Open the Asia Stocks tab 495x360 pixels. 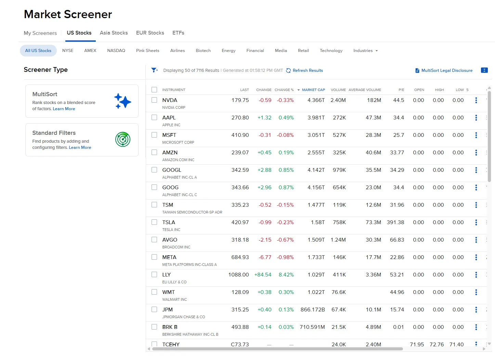[x=114, y=33]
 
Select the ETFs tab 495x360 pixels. [x=178, y=33]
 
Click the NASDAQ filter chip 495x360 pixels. [x=116, y=51]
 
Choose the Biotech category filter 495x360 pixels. [x=203, y=51]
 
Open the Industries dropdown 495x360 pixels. [x=365, y=51]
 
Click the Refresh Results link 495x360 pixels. [x=308, y=70]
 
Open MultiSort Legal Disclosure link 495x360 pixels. [x=446, y=70]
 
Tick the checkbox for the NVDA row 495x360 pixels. [x=154, y=100]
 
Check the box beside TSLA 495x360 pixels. [x=154, y=222]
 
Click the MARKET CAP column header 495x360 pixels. [x=313, y=90]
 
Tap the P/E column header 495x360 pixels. [x=401, y=90]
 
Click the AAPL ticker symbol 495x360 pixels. [x=169, y=118]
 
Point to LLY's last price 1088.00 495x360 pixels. [x=238, y=275]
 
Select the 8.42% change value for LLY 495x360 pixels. [x=286, y=275]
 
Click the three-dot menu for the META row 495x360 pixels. [x=476, y=257]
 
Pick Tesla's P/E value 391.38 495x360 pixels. [x=395, y=222]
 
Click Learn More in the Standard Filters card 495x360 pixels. [x=80, y=147]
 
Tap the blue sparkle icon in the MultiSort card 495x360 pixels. [x=122, y=101]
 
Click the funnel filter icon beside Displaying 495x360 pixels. [x=154, y=70]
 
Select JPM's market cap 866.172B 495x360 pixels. [x=312, y=310]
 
